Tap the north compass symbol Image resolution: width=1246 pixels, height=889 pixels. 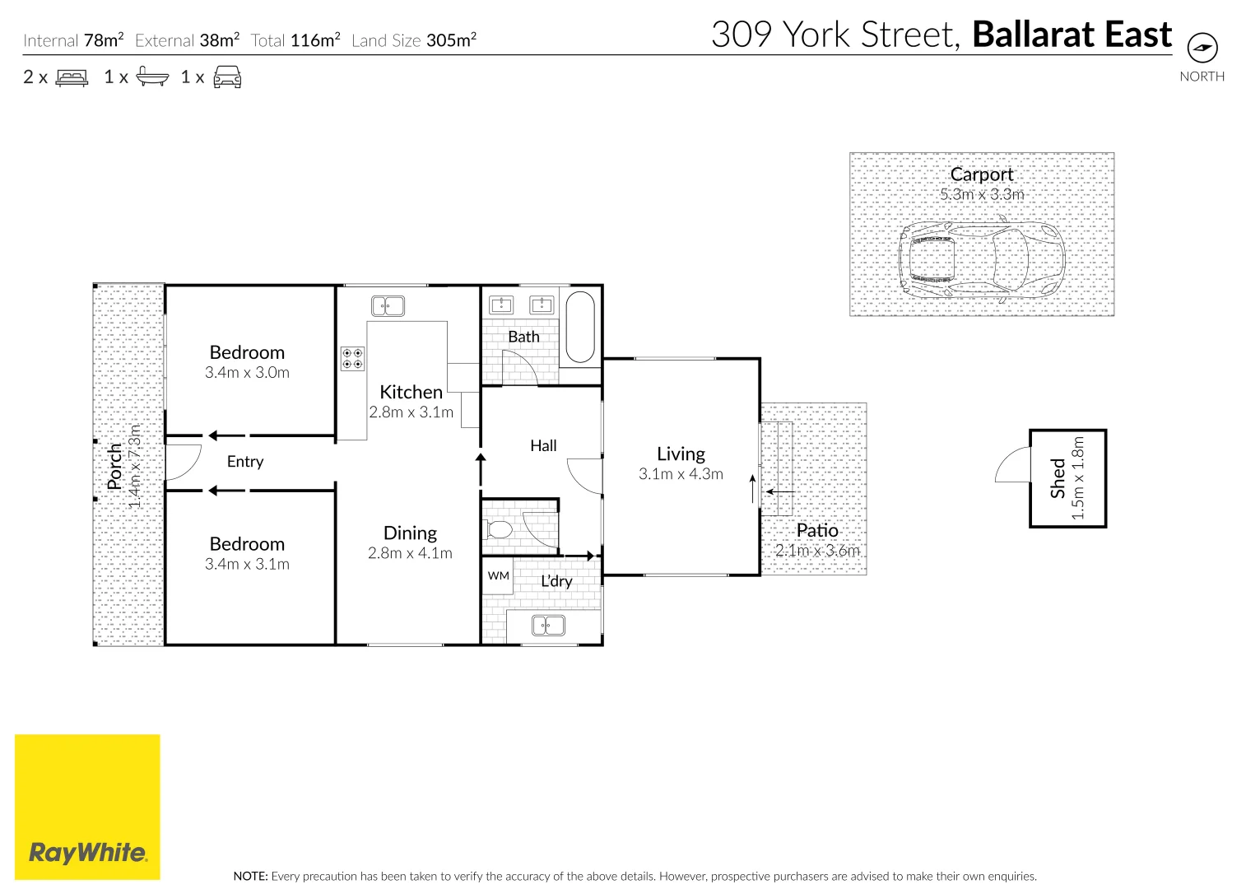[x=1202, y=47]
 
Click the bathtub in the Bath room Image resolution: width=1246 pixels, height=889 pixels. [x=580, y=327]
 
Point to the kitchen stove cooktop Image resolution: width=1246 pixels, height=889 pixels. [x=353, y=358]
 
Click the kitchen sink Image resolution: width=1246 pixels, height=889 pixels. [x=388, y=306]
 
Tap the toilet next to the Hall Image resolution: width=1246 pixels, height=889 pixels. [x=499, y=529]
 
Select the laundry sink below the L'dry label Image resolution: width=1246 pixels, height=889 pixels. [x=547, y=626]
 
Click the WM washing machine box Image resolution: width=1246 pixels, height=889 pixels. [x=498, y=576]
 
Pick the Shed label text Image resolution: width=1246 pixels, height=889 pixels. [x=1058, y=478]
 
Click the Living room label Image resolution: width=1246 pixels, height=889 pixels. [x=681, y=454]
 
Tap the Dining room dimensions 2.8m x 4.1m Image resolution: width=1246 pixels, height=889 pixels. [x=410, y=553]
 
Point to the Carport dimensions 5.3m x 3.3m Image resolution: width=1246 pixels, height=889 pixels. [x=982, y=194]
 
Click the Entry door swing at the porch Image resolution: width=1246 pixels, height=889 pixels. [x=184, y=462]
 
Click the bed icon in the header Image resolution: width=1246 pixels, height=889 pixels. [x=72, y=78]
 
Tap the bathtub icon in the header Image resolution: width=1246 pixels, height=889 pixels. [x=152, y=77]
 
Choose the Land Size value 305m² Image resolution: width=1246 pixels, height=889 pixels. [x=451, y=40]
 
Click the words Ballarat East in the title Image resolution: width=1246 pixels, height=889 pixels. [x=1072, y=35]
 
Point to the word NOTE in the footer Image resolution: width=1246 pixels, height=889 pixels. [x=250, y=876]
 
